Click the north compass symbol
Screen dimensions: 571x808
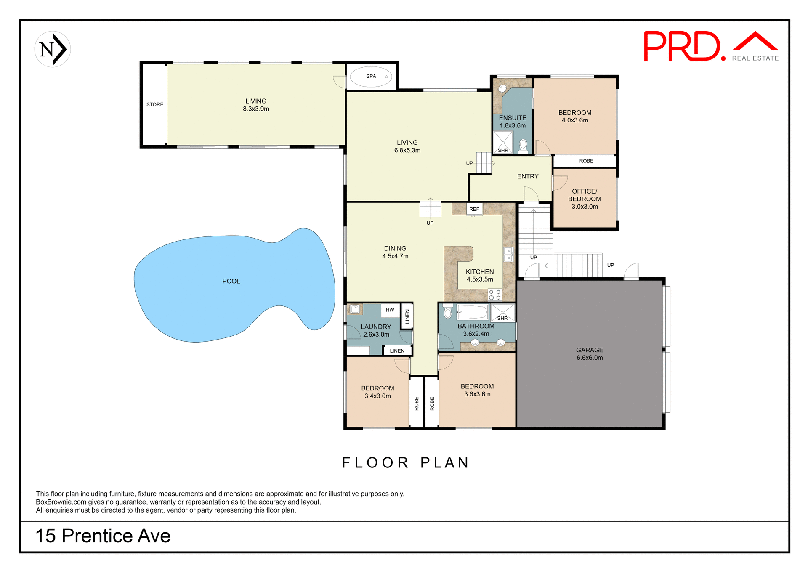(x=53, y=49)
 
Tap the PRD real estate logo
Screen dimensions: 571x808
(x=710, y=46)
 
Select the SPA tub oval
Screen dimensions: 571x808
(x=371, y=77)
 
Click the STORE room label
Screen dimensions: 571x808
(x=155, y=104)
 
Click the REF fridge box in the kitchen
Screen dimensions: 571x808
(x=474, y=209)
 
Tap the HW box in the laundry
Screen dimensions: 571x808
(x=390, y=310)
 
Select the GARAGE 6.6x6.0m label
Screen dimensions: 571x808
(x=590, y=354)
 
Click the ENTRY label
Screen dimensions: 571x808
(x=528, y=176)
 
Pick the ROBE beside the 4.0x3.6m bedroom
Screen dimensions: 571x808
(x=586, y=161)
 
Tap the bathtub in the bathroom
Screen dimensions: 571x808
(x=472, y=312)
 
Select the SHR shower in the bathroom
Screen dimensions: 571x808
(x=503, y=313)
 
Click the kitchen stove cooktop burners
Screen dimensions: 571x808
(x=495, y=295)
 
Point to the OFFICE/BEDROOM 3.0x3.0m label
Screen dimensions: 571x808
(x=585, y=199)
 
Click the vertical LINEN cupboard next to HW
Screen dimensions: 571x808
(x=407, y=316)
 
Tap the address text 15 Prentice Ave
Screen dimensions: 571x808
(x=103, y=536)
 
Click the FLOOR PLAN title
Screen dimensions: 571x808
(x=405, y=462)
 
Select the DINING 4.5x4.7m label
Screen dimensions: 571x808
(x=395, y=252)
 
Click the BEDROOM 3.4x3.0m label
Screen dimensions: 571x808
(x=377, y=392)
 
